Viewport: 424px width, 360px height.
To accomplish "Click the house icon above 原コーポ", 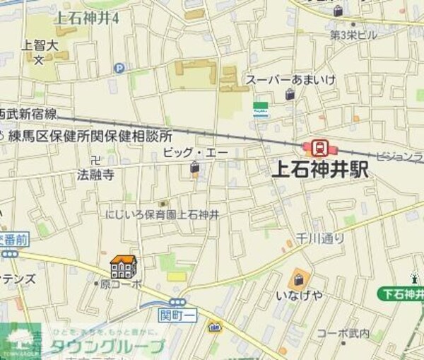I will [122, 267].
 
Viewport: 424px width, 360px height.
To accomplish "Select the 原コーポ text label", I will [121, 284].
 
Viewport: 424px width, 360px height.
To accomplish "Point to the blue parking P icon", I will [119, 69].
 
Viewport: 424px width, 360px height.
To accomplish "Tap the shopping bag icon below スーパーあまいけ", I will [290, 95].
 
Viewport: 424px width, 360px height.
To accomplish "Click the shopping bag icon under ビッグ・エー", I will [194, 168].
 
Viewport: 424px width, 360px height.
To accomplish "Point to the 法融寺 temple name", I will [95, 174].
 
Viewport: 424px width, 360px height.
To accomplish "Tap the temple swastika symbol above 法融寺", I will [96, 160].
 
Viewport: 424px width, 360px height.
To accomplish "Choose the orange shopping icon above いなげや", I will [298, 278].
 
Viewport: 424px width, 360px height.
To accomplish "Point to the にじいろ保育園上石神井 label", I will [161, 214].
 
